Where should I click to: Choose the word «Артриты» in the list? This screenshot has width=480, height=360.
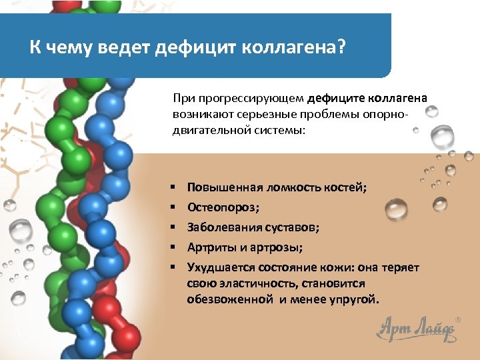pos(209,247)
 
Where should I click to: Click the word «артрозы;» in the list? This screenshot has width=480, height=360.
pos(276,247)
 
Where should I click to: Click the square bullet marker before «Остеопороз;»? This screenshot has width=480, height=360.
pos(172,207)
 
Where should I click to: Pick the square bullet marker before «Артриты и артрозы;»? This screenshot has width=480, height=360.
pos(172,247)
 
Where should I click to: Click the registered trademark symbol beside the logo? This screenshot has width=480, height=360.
pos(457,319)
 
